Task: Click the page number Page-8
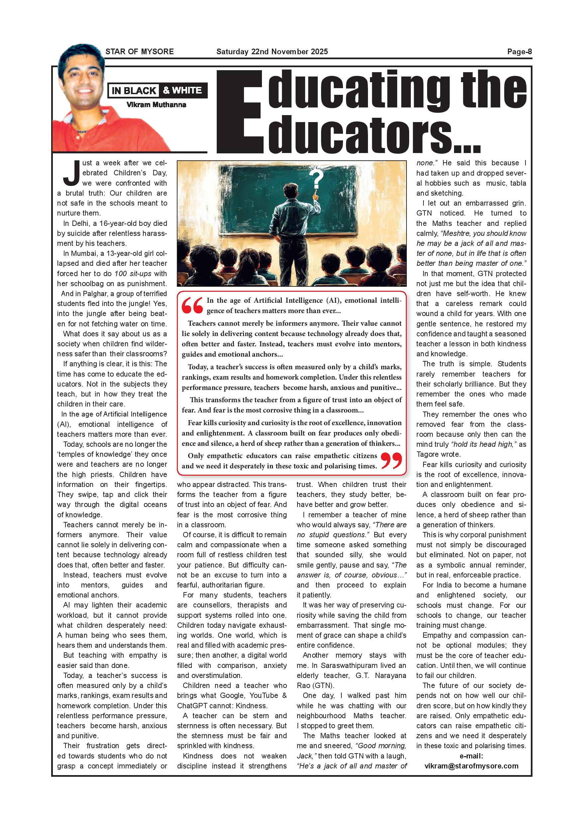coord(519,51)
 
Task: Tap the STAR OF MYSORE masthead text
coord(139,51)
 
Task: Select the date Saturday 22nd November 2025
coord(272,51)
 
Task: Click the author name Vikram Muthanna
coord(156,104)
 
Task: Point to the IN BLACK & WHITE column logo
coord(157,90)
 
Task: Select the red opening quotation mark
coord(192,305)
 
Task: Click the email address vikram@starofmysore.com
coord(471,766)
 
